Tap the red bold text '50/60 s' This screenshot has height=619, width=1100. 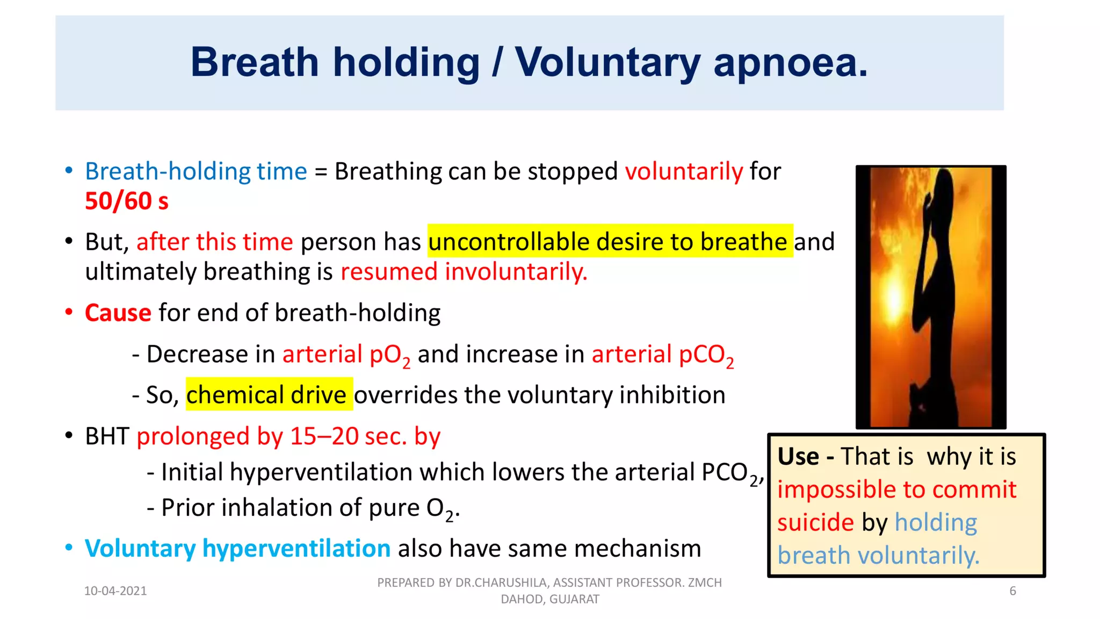[x=127, y=201]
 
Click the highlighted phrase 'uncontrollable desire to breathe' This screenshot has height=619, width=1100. [x=610, y=241]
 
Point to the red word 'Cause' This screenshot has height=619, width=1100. [x=118, y=313]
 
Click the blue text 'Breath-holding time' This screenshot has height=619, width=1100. [x=196, y=171]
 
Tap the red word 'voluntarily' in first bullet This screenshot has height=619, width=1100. [x=684, y=171]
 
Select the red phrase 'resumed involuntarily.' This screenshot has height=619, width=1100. [x=464, y=271]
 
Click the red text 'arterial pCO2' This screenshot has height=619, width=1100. [x=662, y=355]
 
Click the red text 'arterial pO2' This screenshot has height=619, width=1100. [x=346, y=355]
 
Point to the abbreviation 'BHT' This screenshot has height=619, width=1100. [x=107, y=436]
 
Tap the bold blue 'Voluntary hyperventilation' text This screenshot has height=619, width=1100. [x=237, y=549]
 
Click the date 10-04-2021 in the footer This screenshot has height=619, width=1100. [x=115, y=591]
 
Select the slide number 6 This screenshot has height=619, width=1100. [x=1012, y=591]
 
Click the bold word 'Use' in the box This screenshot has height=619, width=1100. [x=798, y=457]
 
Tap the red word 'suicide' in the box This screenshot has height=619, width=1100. [x=815, y=522]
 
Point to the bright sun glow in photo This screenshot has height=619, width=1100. [x=894, y=301]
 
